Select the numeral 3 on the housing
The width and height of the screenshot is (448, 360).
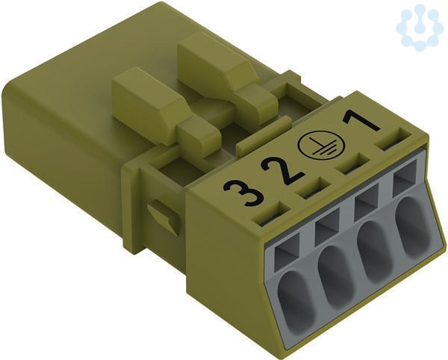243,192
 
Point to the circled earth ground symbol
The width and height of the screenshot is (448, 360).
321,145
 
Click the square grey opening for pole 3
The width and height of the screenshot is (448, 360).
287,252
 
